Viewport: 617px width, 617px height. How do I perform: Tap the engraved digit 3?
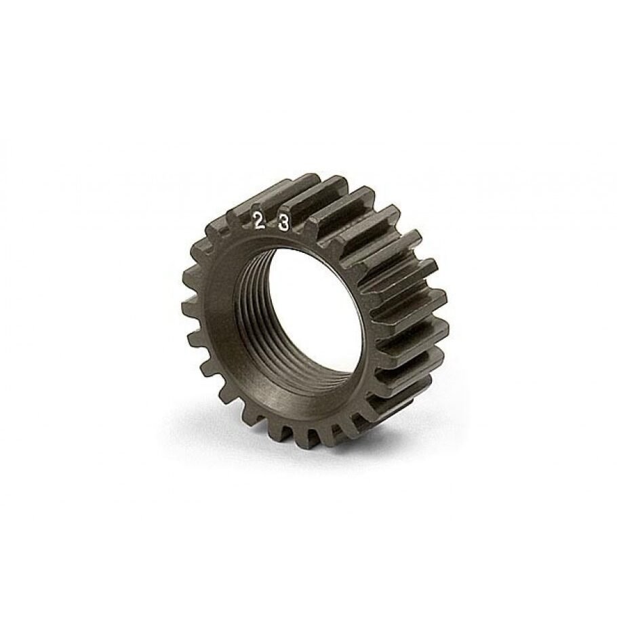(x=283, y=224)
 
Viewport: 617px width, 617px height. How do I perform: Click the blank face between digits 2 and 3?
(x=271, y=224)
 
